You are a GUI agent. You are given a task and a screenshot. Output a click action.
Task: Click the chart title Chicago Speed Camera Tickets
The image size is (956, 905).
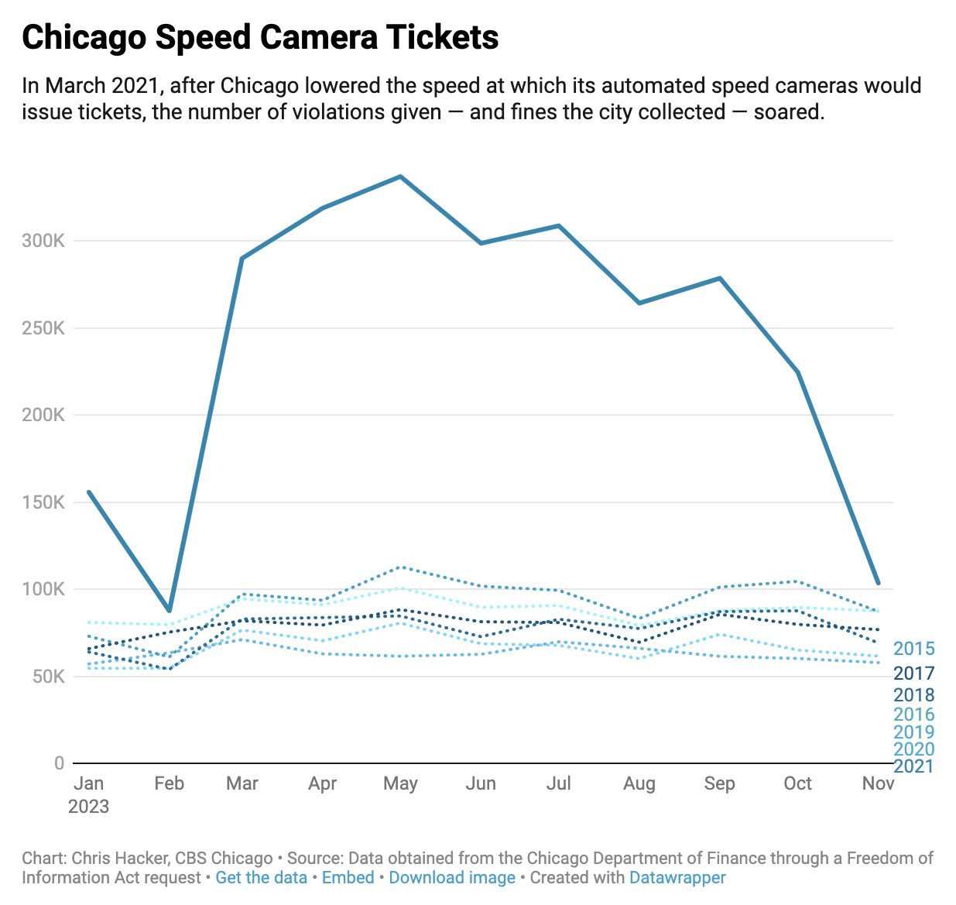tap(260, 37)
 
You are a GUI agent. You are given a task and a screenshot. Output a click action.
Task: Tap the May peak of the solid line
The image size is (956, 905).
tap(400, 177)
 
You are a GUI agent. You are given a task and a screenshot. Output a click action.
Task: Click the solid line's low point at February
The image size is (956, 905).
tap(169, 611)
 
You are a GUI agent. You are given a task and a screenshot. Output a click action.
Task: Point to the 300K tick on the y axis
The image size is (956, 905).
tap(43, 241)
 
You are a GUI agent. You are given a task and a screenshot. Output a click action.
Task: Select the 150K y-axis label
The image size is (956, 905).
tap(43, 502)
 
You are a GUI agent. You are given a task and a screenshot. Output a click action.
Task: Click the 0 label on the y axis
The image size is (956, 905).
tap(59, 763)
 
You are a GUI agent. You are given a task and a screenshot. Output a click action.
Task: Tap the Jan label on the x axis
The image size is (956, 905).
tap(89, 783)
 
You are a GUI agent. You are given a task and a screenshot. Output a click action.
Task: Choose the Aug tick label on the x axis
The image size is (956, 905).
tap(639, 783)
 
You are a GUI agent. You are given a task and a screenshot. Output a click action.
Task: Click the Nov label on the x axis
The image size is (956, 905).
tap(878, 783)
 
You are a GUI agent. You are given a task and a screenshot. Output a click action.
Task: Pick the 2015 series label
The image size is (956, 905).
tap(913, 649)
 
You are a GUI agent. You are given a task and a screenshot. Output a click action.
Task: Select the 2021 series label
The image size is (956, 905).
tap(913, 766)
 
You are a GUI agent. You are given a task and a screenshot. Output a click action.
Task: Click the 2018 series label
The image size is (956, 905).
tap(913, 695)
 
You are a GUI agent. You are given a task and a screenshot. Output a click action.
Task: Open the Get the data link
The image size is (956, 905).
tap(261, 878)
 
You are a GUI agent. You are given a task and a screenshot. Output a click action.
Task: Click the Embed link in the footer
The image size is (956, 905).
tap(348, 878)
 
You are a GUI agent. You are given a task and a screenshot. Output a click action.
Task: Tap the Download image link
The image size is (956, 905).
tap(452, 878)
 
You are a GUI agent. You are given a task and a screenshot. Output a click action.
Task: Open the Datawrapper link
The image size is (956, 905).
tap(677, 878)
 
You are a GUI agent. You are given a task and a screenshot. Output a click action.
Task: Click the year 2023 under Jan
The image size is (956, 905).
tap(89, 807)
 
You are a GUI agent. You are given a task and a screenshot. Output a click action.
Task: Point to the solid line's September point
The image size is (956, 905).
tap(720, 278)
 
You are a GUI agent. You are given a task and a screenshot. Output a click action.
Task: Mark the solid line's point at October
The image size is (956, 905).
tap(798, 372)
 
